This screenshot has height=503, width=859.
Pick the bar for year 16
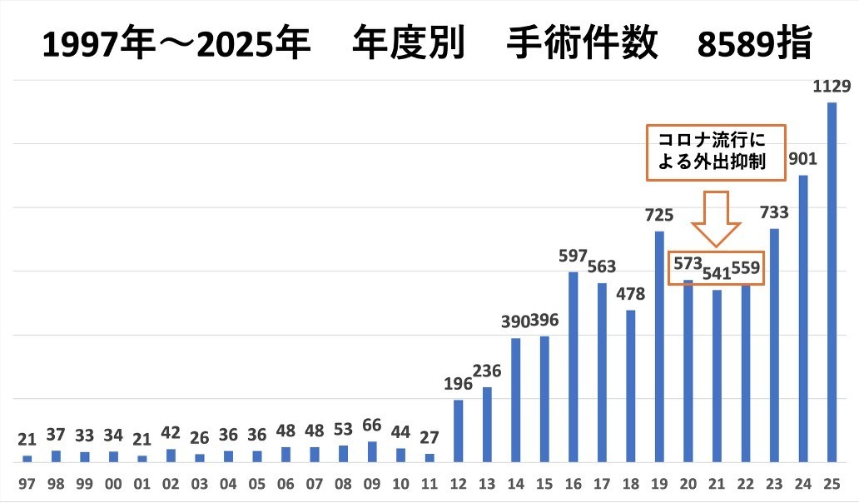pos(573,366)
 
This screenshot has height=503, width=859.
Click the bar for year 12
pos(458,431)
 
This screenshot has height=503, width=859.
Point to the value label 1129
pos(831,87)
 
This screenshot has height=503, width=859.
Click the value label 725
pos(658,216)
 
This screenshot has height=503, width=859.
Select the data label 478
pos(630,294)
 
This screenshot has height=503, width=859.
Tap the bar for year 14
pos(515,400)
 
